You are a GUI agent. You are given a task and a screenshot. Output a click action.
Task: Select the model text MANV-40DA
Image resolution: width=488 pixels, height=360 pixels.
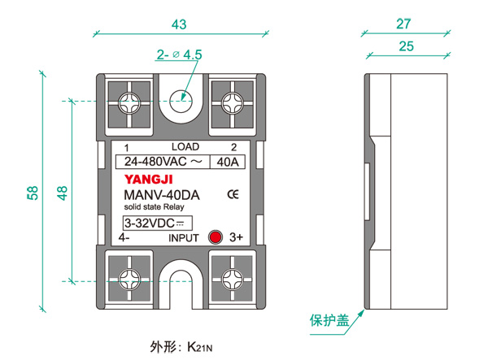coord(161,195)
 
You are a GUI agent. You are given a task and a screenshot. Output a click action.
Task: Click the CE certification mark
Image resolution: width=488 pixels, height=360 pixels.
coord(232,194)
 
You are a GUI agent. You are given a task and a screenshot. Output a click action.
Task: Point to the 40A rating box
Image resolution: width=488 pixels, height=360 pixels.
coord(227,162)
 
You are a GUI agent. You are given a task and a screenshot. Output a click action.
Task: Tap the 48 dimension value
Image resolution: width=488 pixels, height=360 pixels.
coord(63,193)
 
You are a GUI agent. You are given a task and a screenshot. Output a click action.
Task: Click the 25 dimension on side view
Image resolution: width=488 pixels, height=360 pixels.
coord(404,46)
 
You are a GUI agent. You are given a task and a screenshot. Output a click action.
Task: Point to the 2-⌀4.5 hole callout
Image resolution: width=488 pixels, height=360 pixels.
coord(179,55)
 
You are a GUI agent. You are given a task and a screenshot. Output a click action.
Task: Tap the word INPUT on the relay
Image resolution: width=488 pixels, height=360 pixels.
coord(184,238)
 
